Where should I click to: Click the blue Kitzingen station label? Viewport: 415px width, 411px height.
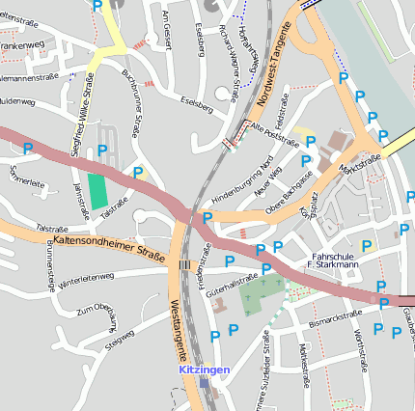click(204, 370)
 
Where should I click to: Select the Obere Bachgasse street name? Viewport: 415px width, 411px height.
click(290, 190)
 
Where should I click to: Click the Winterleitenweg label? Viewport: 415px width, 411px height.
click(85, 280)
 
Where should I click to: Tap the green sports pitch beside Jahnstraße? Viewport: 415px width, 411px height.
click(97, 188)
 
